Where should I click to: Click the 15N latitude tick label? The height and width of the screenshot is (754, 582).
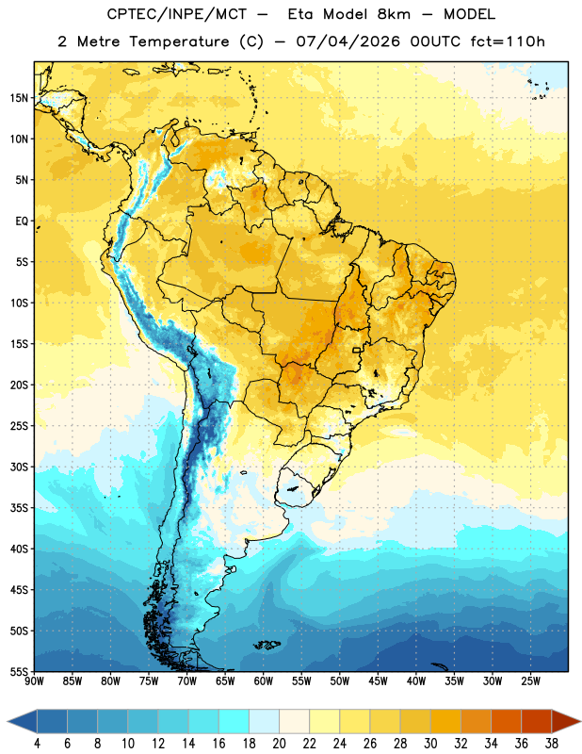tap(19, 98)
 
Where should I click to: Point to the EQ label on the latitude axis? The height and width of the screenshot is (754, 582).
tap(22, 221)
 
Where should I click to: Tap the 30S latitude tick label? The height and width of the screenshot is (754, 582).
tap(19, 467)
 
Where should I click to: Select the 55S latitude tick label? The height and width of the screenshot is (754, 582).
tap(19, 672)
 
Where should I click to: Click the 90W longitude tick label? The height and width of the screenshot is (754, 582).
tap(34, 680)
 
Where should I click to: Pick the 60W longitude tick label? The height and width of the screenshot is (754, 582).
tap(264, 680)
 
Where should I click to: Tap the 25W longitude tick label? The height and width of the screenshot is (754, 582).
tap(530, 680)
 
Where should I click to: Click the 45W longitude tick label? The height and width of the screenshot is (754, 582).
tap(378, 680)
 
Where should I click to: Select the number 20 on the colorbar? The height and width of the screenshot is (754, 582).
tap(279, 744)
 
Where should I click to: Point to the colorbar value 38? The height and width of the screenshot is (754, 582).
tap(551, 744)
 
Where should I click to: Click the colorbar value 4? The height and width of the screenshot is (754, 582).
tap(37, 744)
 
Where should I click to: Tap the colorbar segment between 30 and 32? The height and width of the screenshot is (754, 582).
tap(445, 721)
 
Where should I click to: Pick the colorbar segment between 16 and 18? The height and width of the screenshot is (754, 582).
tap(234, 721)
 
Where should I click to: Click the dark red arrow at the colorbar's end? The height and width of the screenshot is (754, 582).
tap(566, 721)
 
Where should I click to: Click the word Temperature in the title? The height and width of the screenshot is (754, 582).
tap(179, 41)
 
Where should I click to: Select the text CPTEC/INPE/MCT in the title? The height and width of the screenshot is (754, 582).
tap(177, 14)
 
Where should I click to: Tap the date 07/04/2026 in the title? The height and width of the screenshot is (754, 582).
tap(348, 41)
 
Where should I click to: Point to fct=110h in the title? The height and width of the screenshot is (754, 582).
tap(508, 41)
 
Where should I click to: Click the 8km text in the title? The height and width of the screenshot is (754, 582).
tap(394, 14)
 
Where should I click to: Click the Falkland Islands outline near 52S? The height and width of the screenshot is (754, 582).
tap(267, 645)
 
